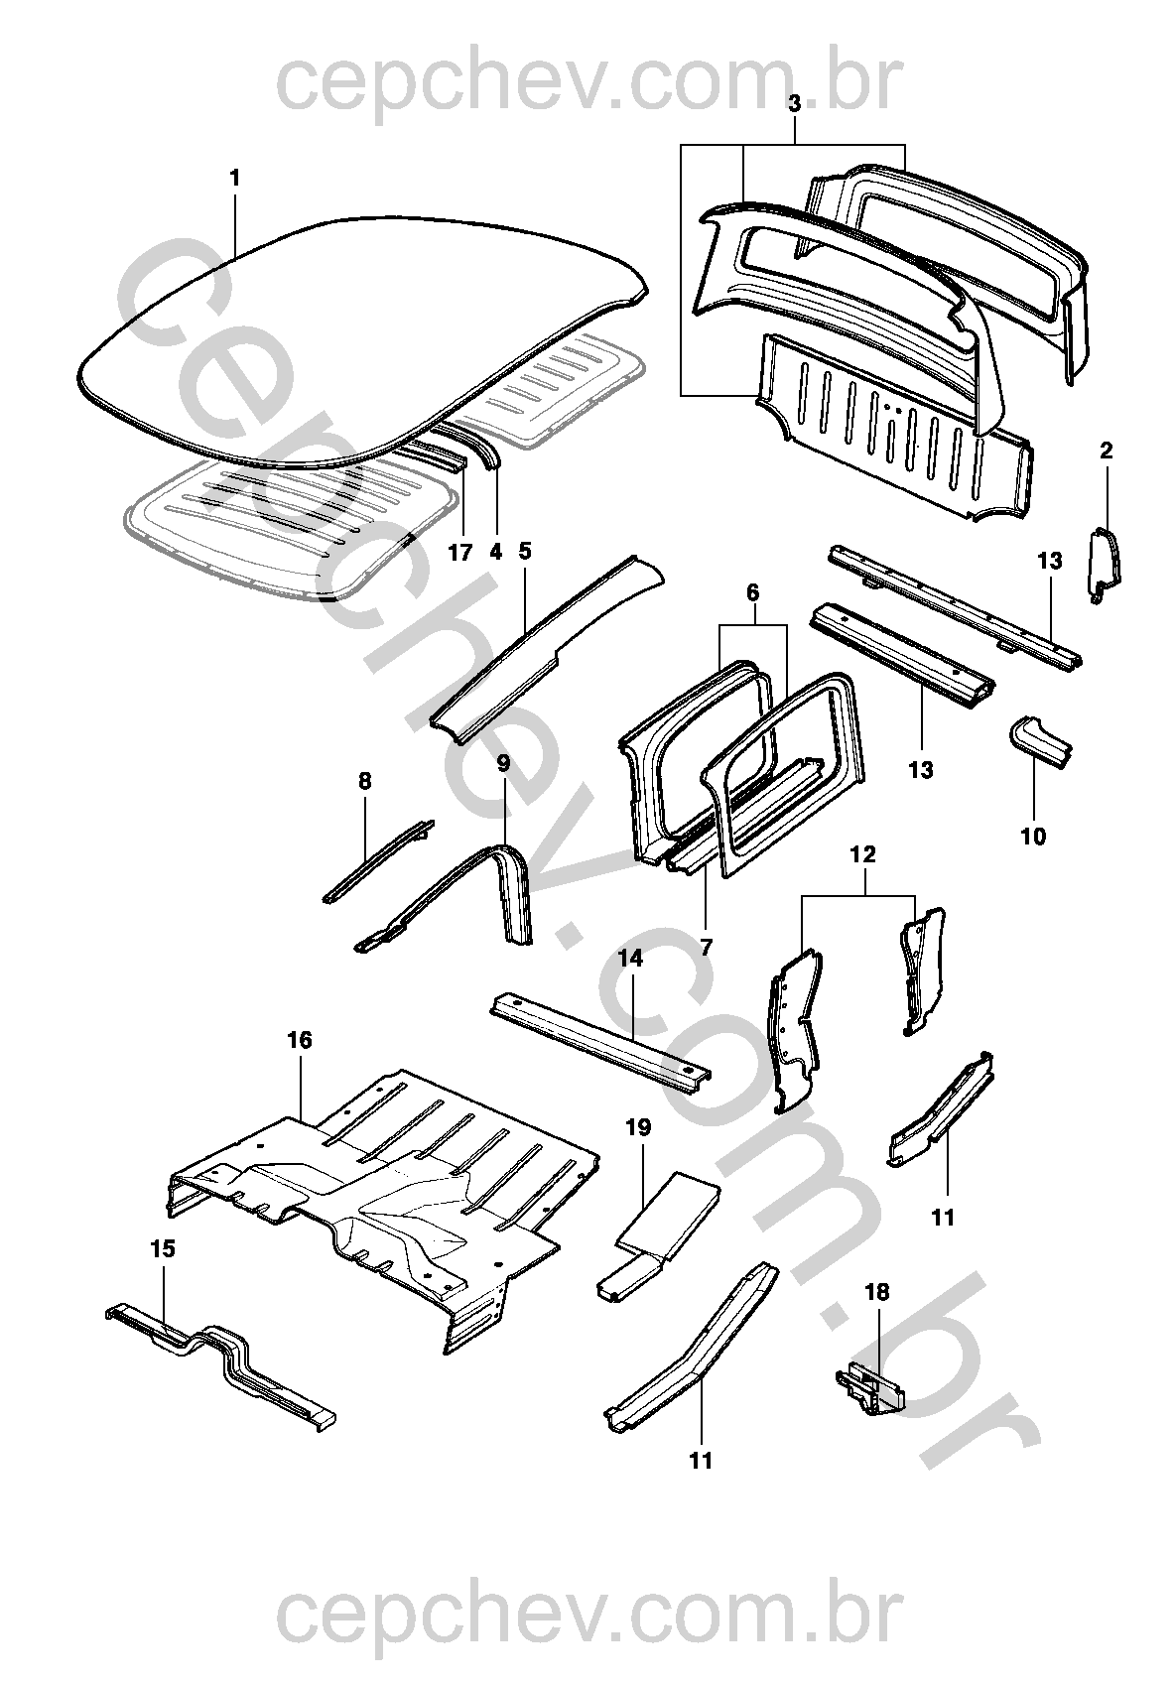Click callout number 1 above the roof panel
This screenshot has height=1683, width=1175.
point(235,179)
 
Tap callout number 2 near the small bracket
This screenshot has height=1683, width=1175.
point(1107,451)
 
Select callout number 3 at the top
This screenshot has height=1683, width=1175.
point(794,103)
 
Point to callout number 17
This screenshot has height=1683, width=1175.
point(459,553)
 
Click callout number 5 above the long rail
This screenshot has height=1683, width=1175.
point(525,550)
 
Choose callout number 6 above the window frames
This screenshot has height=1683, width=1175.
point(752,593)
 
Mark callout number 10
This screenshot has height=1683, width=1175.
point(1033,837)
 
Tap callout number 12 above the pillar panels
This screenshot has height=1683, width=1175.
point(863,853)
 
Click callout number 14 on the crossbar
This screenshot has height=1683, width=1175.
point(631,958)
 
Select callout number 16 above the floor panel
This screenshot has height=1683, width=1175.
point(300,1040)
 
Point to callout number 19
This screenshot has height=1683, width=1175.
point(638,1126)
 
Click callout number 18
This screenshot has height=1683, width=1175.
point(877,1292)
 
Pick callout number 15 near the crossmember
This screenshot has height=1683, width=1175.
point(163,1248)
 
